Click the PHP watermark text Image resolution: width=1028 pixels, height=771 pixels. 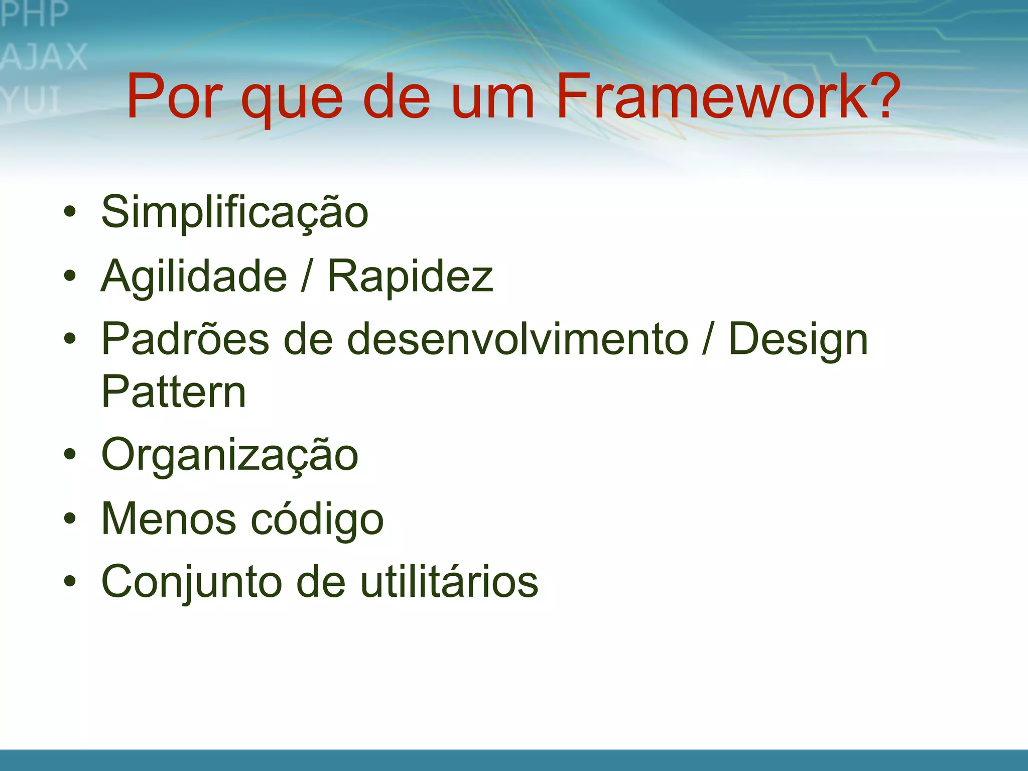[34, 14]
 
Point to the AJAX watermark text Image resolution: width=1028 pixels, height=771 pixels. [44, 57]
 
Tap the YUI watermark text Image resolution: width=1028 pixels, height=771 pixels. [31, 99]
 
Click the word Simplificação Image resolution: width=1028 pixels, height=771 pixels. [235, 213]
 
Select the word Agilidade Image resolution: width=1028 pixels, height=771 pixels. [194, 277]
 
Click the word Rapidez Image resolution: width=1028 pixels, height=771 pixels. [410, 276]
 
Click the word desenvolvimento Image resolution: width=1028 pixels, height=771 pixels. [517, 339]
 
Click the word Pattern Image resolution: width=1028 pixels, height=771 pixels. [173, 392]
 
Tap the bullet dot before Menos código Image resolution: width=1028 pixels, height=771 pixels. [70, 518]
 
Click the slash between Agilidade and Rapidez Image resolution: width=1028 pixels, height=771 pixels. [306, 276]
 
